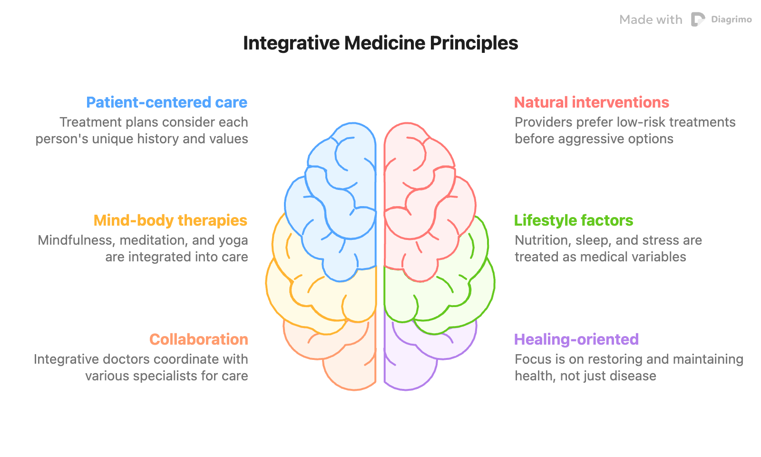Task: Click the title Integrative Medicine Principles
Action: (380, 43)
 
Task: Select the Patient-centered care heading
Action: (167, 102)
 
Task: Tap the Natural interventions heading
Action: (591, 102)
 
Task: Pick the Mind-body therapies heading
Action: (170, 220)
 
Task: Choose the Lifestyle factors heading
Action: (573, 220)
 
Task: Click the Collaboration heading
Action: (199, 339)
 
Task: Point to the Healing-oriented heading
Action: (576, 339)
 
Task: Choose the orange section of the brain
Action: (347, 362)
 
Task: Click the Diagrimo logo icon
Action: (698, 20)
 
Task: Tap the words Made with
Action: (651, 20)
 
